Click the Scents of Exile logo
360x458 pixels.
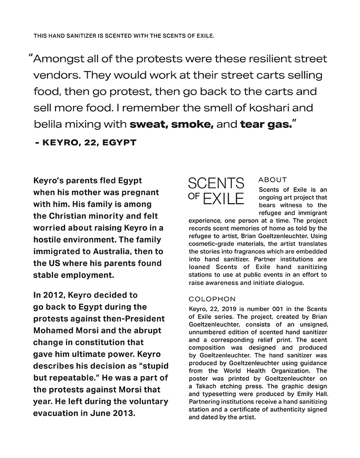(216, 191)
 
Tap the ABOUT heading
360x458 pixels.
(272, 180)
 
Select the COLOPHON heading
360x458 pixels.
(212, 299)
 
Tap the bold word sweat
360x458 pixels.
(146, 124)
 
